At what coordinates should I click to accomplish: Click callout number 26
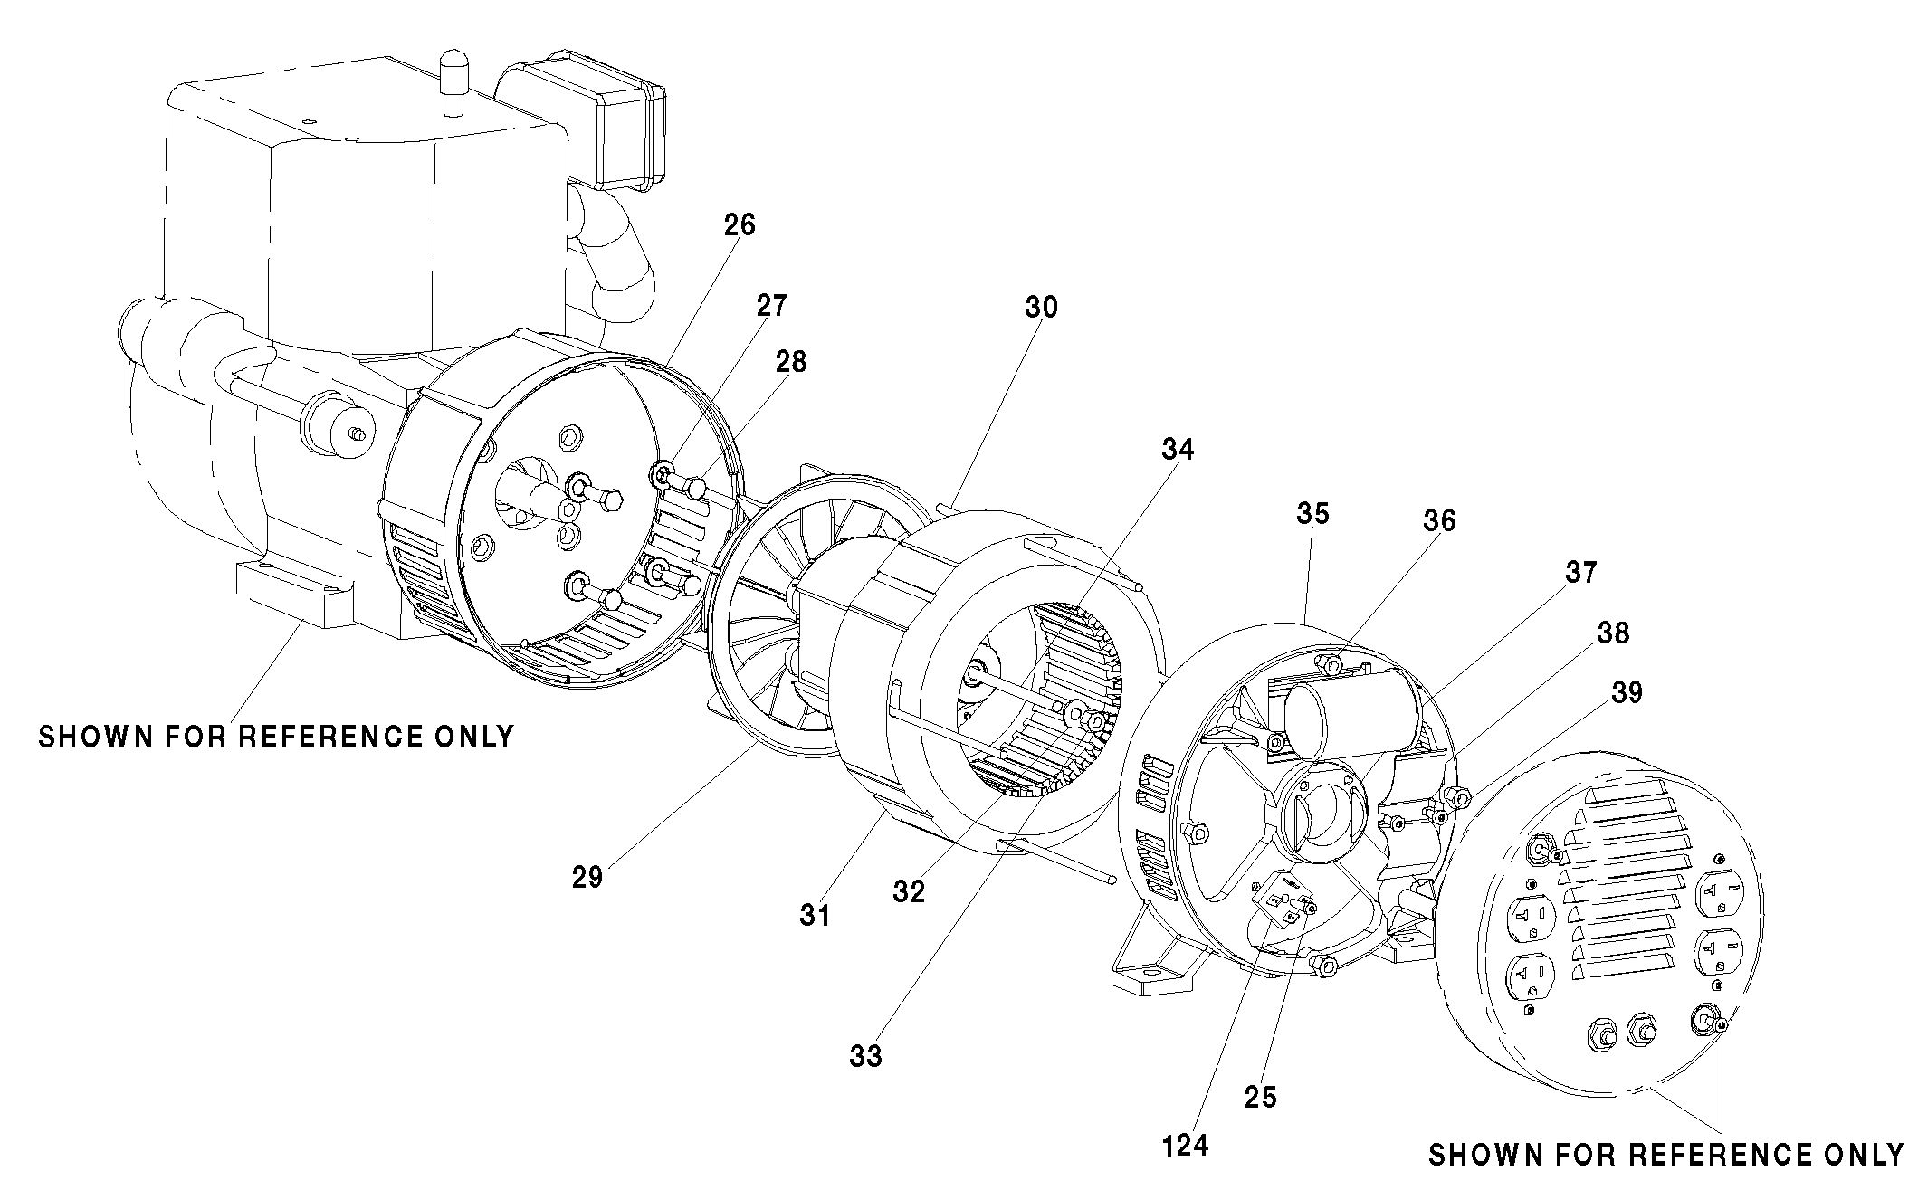[740, 224]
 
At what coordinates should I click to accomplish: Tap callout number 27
[771, 306]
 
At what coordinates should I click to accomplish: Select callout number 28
[790, 362]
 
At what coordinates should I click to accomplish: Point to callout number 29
[587, 877]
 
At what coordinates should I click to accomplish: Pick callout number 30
[1041, 308]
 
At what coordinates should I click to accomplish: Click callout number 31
[815, 916]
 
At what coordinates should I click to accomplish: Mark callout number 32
[909, 891]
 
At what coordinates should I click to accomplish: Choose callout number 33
[865, 1055]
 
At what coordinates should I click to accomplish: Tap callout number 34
[1178, 450]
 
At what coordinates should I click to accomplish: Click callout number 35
[1312, 514]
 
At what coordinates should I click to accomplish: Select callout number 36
[1439, 520]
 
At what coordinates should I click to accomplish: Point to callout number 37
[1581, 572]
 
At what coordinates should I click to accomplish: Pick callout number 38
[1613, 633]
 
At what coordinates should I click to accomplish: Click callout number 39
[1627, 692]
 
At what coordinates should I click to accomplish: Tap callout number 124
[1186, 1145]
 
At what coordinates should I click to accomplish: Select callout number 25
[1260, 1097]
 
